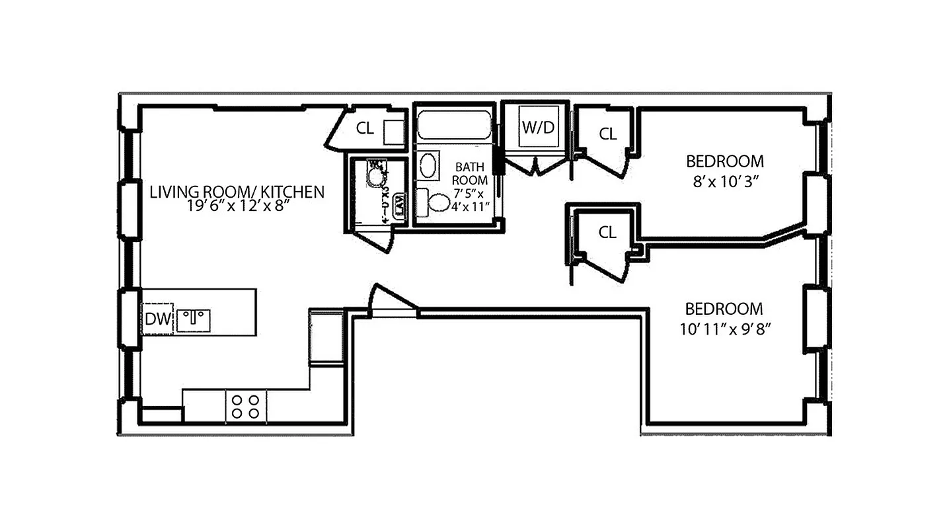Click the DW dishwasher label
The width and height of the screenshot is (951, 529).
[158, 320]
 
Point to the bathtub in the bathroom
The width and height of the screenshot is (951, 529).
[454, 126]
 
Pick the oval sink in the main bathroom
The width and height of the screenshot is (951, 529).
[428, 165]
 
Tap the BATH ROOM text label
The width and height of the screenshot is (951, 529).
[471, 174]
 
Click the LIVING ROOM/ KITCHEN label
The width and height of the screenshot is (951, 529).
[237, 192]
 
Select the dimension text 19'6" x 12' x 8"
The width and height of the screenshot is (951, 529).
[237, 206]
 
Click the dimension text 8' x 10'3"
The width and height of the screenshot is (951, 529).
[725, 181]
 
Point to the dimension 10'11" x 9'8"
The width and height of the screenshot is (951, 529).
[724, 328]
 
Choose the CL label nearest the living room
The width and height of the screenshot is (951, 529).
[365, 129]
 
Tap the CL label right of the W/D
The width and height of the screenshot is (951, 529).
[607, 134]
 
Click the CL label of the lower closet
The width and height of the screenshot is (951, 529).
[607, 233]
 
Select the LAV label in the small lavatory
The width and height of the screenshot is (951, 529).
[399, 204]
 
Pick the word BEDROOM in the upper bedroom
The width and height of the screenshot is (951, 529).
[724, 161]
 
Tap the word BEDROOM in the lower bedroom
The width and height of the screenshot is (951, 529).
[724, 309]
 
